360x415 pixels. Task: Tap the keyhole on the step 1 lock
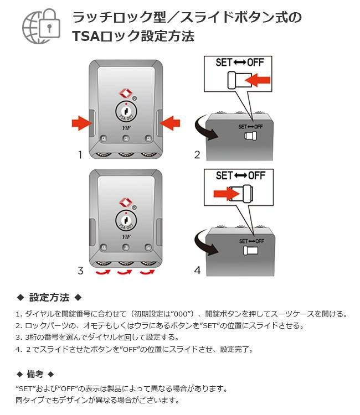(x=127, y=112)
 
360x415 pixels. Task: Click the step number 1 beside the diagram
(x=80, y=154)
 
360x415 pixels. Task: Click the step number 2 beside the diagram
(x=197, y=154)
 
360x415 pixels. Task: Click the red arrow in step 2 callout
(x=258, y=81)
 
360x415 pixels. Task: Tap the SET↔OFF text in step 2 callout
(x=239, y=62)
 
